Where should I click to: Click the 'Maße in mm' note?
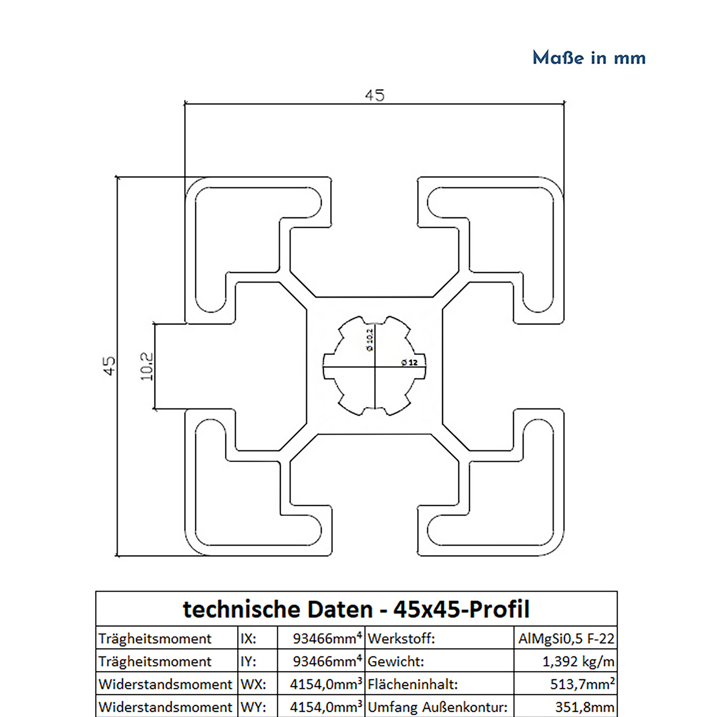(x=589, y=58)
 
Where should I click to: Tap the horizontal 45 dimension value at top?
(x=375, y=96)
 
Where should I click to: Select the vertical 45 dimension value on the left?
(x=110, y=366)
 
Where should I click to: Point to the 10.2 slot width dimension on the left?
(x=147, y=366)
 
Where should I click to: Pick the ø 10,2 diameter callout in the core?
(x=370, y=340)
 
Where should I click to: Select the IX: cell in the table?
(x=248, y=639)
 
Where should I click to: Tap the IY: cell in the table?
(x=248, y=661)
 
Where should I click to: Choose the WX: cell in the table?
(x=253, y=684)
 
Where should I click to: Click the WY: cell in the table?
(x=253, y=707)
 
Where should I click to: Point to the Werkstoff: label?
(x=401, y=639)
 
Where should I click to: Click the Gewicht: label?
(x=395, y=661)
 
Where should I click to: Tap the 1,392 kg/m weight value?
(x=578, y=661)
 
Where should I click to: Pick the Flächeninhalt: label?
(x=413, y=684)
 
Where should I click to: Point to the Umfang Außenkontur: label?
(x=437, y=707)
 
